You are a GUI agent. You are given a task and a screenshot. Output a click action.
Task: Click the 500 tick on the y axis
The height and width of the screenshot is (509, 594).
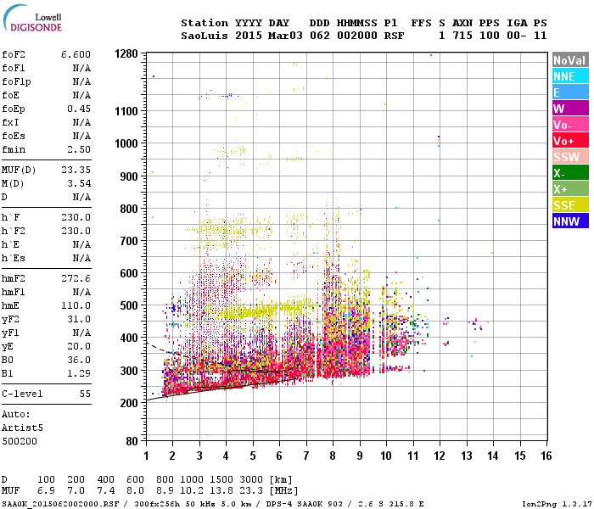click(x=129, y=305)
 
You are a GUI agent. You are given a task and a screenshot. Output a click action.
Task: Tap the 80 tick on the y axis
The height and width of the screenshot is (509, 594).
click(x=132, y=441)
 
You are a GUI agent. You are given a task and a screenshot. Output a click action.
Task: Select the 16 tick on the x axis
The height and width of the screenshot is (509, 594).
click(x=546, y=456)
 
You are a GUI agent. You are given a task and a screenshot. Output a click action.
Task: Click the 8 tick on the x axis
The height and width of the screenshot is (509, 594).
click(x=333, y=456)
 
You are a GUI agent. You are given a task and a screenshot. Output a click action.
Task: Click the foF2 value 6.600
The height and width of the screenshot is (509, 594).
click(x=76, y=54)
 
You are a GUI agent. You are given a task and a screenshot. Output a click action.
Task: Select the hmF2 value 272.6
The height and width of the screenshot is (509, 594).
click(x=76, y=278)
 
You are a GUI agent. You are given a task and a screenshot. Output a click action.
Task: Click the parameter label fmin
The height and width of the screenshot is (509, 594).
click(x=14, y=149)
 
